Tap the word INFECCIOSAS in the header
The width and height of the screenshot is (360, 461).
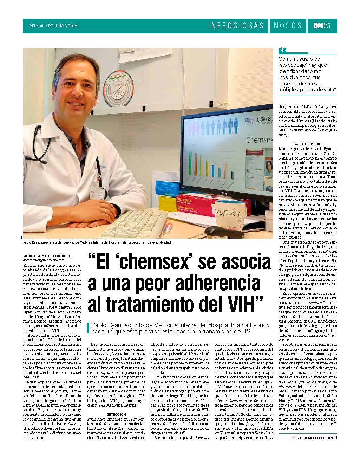click(236, 26)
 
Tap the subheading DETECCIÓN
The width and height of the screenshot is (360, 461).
click(116, 414)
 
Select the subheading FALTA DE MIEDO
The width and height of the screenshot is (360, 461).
click(307, 144)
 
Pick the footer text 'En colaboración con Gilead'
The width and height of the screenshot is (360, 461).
click(314, 437)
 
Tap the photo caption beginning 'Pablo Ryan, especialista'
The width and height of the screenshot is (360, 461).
click(98, 242)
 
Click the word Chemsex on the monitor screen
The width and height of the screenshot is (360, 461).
click(260, 140)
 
